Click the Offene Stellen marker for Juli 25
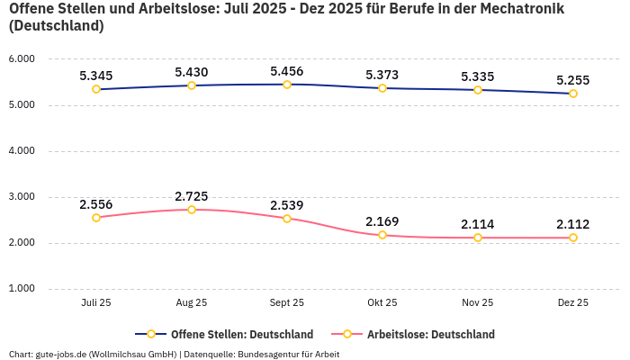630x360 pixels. click(x=96, y=89)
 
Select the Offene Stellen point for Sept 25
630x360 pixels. click(x=287, y=85)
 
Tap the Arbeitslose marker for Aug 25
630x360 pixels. click(x=192, y=210)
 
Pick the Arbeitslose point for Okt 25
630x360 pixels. click(x=382, y=235)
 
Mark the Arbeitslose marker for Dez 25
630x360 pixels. click(x=573, y=238)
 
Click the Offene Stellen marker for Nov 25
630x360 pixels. click(x=478, y=90)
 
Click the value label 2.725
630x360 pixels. click(x=192, y=196)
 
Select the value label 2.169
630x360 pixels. click(x=382, y=221)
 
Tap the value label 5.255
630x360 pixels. click(x=573, y=80)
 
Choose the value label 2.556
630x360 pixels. click(x=96, y=204)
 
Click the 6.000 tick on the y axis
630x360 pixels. click(x=21, y=59)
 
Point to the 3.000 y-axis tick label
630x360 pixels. click(x=21, y=197)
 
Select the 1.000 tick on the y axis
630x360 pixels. click(x=21, y=289)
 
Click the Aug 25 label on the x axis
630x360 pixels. click(x=192, y=303)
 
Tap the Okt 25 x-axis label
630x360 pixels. click(x=382, y=303)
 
